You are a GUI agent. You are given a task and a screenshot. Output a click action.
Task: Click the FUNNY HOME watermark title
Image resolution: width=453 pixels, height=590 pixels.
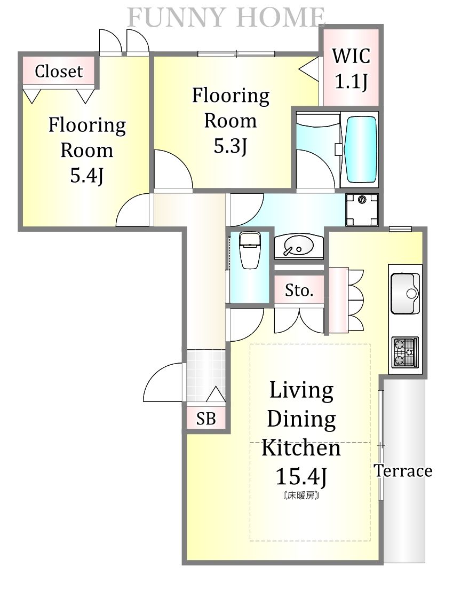227,18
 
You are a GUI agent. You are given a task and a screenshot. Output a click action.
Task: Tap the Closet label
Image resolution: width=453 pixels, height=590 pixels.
59,71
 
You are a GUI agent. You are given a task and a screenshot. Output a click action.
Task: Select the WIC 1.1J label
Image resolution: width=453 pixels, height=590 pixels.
351,68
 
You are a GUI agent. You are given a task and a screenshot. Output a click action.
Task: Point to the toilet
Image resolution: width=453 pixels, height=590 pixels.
250,250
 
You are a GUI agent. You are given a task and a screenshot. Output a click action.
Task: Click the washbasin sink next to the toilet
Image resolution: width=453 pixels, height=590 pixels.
298,247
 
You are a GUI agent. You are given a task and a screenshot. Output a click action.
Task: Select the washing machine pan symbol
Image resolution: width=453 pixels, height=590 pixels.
362,210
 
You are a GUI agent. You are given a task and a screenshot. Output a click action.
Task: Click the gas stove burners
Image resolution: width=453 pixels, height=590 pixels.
406,352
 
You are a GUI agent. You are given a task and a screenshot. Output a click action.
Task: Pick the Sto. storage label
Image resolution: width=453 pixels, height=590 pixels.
299,290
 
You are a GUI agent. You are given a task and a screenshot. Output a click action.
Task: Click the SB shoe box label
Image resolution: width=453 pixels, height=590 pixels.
206,419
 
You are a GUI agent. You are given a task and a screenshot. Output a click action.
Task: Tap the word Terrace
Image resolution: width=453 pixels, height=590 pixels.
403,471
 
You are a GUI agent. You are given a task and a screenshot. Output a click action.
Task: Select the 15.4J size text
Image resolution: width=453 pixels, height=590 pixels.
301,476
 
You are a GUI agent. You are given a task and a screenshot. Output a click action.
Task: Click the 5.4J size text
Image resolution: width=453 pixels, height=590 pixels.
87,175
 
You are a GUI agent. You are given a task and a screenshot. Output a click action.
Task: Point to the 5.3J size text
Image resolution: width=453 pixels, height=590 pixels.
230,146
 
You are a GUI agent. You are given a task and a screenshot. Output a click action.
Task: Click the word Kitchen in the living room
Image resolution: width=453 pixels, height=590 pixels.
301,447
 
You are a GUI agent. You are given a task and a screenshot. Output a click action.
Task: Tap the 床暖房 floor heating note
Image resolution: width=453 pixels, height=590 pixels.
301,495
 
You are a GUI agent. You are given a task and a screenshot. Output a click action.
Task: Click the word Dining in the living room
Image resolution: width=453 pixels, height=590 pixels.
301,420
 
